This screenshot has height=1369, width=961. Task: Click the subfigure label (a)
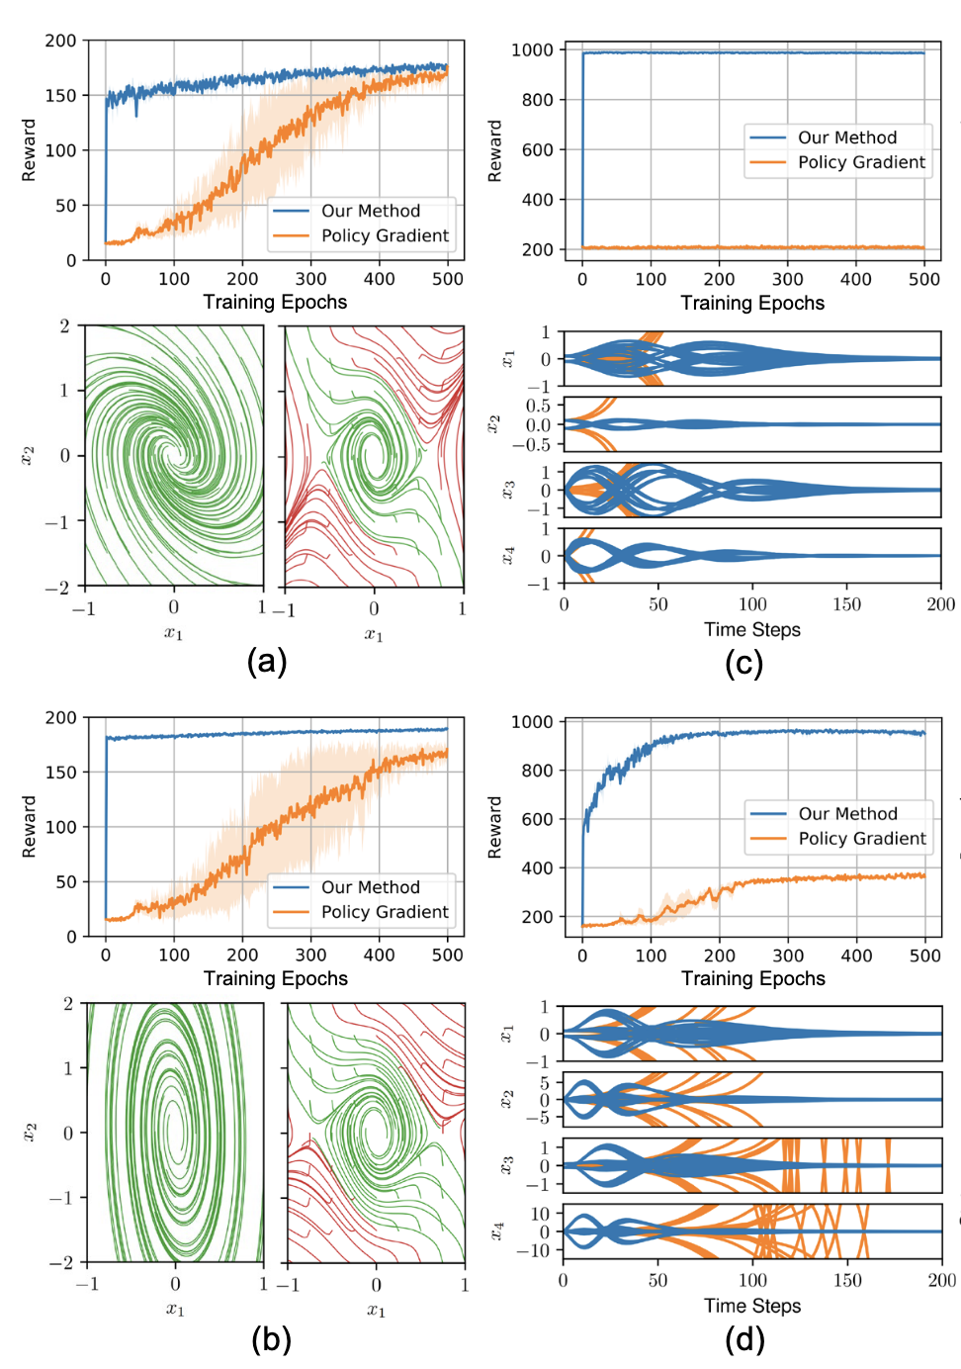pyautogui.click(x=266, y=661)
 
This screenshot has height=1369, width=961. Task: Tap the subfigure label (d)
pyautogui.click(x=744, y=1339)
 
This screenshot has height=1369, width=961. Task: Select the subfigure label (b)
pyautogui.click(x=270, y=1339)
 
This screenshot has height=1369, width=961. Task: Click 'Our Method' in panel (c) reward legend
pyautogui.click(x=847, y=137)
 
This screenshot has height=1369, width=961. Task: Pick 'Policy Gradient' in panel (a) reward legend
pyautogui.click(x=385, y=235)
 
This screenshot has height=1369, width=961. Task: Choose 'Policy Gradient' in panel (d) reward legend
pyautogui.click(x=862, y=838)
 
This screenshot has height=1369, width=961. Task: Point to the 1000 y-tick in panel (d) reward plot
pyautogui.click(x=532, y=722)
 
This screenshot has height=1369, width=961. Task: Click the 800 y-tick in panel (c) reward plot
pyautogui.click(x=538, y=100)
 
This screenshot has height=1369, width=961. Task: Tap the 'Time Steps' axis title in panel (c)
pyautogui.click(x=751, y=629)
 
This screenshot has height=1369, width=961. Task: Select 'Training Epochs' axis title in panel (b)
pyautogui.click(x=275, y=978)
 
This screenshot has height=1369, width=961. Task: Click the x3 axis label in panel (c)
pyautogui.click(x=507, y=490)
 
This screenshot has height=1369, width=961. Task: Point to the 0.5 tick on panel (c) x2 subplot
pyautogui.click(x=538, y=406)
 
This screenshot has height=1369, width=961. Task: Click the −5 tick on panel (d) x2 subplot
pyautogui.click(x=541, y=1118)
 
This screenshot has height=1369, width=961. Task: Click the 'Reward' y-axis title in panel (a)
pyautogui.click(x=29, y=150)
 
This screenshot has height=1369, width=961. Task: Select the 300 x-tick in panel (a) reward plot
pyautogui.click(x=310, y=279)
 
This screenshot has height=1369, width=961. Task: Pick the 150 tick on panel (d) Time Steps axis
pyautogui.click(x=847, y=1280)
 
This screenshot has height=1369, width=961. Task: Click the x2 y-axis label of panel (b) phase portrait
pyautogui.click(x=29, y=1133)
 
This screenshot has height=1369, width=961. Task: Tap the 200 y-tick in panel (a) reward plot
pyautogui.click(x=60, y=41)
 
